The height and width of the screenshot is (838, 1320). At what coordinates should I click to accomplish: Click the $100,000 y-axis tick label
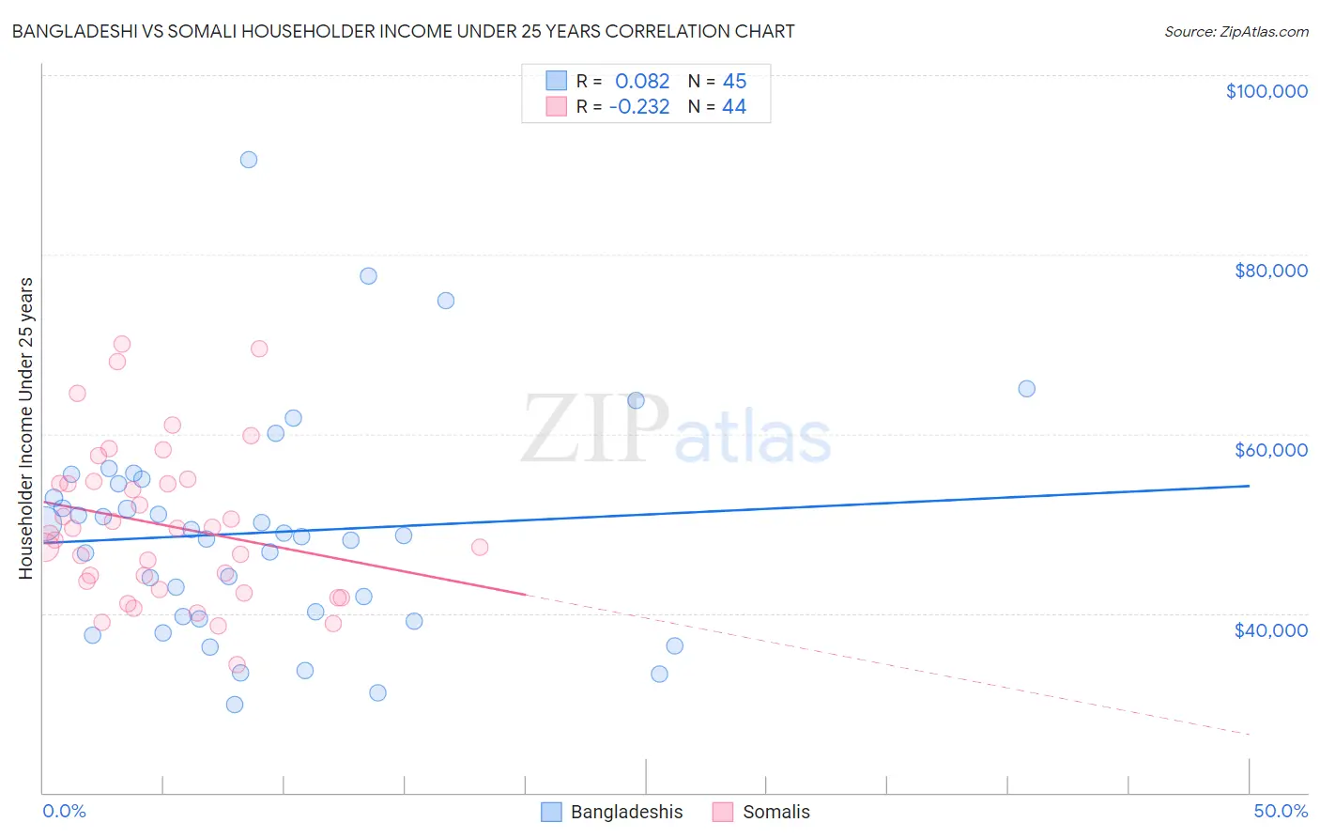click(1266, 91)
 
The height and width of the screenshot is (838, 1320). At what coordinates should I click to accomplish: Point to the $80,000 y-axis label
click(1270, 271)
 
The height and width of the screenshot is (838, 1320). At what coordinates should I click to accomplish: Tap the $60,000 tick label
click(1270, 450)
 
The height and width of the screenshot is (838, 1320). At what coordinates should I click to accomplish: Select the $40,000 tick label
click(1270, 630)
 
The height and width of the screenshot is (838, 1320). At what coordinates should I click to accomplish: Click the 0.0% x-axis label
click(64, 811)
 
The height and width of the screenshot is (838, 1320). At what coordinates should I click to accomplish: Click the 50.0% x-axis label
click(1281, 811)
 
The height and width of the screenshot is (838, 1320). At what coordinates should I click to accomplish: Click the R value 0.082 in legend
click(642, 81)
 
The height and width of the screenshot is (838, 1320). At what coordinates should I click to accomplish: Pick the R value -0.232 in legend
click(639, 107)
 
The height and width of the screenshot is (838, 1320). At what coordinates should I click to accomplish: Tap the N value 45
click(734, 81)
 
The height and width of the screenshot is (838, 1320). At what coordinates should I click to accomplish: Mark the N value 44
click(734, 107)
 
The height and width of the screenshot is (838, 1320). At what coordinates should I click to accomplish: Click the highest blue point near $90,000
click(249, 160)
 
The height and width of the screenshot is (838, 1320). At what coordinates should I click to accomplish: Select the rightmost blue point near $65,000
click(1027, 389)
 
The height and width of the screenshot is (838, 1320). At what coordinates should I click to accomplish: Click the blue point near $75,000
click(446, 301)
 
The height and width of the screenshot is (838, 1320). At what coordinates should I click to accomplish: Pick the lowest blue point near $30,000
click(235, 705)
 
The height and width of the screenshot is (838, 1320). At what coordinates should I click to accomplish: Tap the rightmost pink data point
click(480, 547)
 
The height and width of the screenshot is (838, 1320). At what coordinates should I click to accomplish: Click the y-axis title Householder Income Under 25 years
click(25, 428)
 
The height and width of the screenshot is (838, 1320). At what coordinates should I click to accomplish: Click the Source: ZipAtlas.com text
click(1236, 32)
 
